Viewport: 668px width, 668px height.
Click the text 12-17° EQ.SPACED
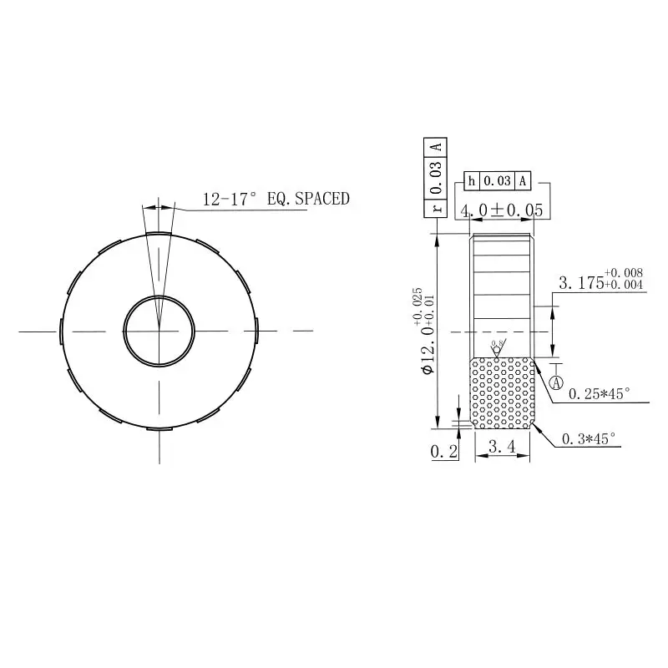(276, 199)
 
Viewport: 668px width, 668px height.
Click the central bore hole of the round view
(159, 331)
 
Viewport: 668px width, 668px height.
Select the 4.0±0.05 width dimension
(499, 210)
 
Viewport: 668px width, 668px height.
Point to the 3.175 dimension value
(580, 284)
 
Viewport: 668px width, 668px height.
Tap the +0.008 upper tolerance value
(623, 273)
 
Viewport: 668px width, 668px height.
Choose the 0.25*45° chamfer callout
(600, 392)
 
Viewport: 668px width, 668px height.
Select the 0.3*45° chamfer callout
(589, 438)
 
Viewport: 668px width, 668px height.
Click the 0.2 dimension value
(443, 452)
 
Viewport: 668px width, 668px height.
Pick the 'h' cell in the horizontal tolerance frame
(472, 180)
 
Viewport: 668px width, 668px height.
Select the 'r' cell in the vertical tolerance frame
(435, 207)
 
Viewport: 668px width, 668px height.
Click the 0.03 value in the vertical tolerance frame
(435, 178)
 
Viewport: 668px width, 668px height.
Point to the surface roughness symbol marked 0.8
(498, 349)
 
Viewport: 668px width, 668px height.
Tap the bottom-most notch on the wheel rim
(159, 429)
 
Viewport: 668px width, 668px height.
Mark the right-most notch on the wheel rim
(256, 331)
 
